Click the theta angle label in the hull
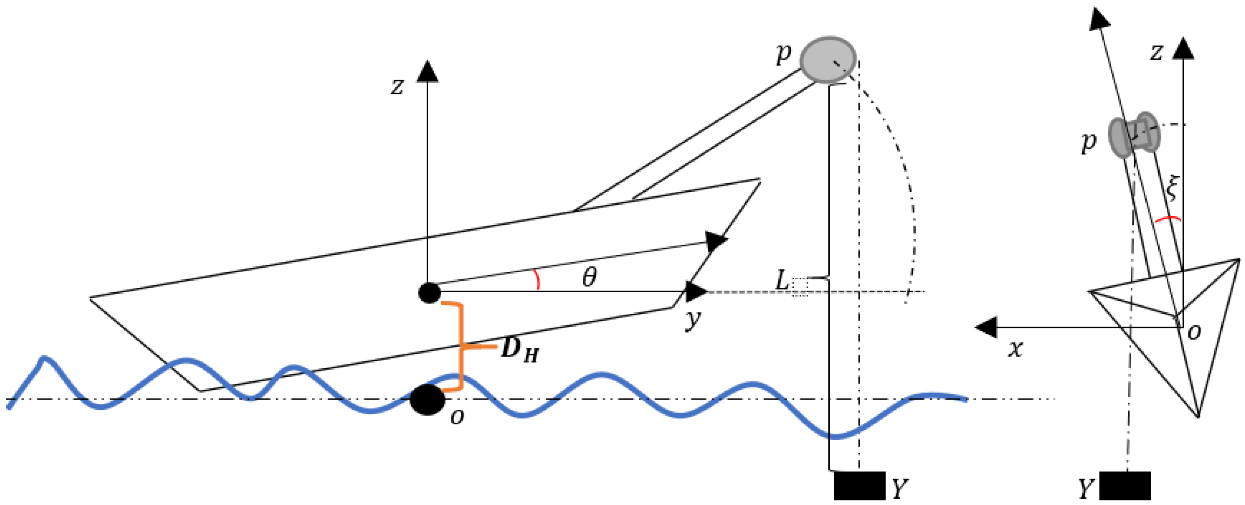pos(589,278)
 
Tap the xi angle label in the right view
pos(1172,189)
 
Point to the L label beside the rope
pos(782,280)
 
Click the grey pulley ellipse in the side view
pos(828,60)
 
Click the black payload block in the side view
pos(860,486)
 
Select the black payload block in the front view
pos(1125,486)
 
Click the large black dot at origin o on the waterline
pos(427,400)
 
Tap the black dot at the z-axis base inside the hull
pos(429,293)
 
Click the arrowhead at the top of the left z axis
pos(427,71)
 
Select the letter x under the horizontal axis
pos(1015,349)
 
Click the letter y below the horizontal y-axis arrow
pos(692,320)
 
